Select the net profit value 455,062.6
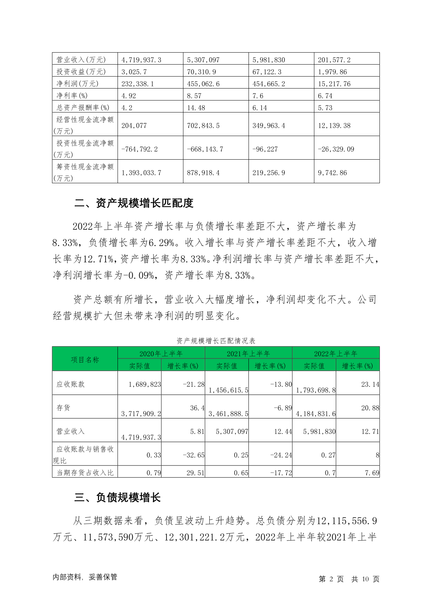(x=203, y=84)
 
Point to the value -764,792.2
(x=140, y=149)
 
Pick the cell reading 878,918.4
(x=203, y=173)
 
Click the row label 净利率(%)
(x=72, y=96)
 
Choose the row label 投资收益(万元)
(x=81, y=72)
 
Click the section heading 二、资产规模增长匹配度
(x=134, y=203)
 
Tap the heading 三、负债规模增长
(x=118, y=497)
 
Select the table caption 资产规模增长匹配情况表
(x=216, y=341)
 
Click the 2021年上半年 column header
(x=248, y=353)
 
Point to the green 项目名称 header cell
(x=85, y=360)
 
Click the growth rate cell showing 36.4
(x=197, y=408)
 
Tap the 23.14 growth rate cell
(x=370, y=384)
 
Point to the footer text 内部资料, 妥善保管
(x=85, y=577)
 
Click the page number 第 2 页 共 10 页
(x=349, y=579)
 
